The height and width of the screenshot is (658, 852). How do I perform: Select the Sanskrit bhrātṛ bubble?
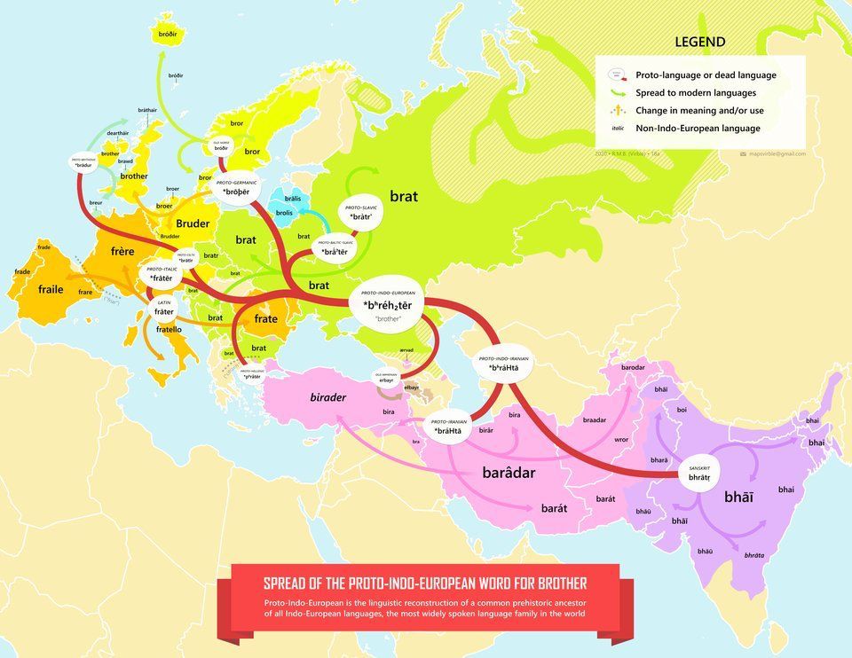pos(699,474)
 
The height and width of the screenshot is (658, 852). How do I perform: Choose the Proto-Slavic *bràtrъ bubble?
pos(360,213)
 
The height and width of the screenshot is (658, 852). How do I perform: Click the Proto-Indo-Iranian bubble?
pos(503,364)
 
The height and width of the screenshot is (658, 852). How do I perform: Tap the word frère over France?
pos(122,251)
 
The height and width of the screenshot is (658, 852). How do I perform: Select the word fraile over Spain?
pos(51,289)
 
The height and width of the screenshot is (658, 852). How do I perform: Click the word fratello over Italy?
pos(169,330)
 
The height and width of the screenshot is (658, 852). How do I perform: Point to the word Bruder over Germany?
pos(193,223)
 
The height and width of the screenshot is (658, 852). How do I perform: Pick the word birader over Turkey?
pos(327,397)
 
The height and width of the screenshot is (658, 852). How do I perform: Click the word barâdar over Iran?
pos(509,473)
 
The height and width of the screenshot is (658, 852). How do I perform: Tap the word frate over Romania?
pos(265,318)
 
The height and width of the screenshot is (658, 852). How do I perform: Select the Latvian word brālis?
pos(292,199)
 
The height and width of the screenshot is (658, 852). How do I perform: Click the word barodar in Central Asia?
pos(633,367)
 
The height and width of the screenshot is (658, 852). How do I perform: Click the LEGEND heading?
pos(699,42)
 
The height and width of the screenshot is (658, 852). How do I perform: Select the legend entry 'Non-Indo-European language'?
pos(698,128)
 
